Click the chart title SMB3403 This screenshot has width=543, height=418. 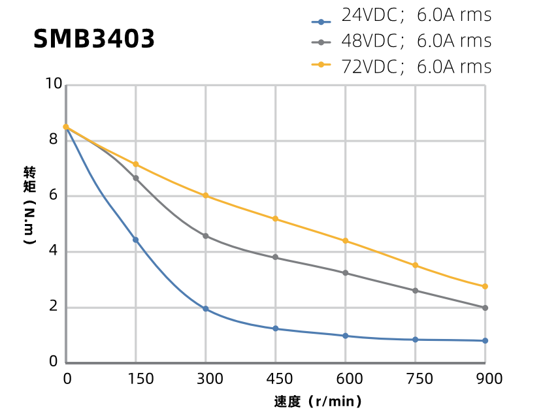coord(94,39)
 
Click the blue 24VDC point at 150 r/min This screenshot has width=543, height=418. coord(136,240)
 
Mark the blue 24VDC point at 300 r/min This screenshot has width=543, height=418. coord(206,309)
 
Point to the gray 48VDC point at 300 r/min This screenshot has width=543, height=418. coord(206,236)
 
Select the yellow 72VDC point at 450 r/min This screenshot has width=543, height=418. coord(275,219)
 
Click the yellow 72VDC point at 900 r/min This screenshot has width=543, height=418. coord(485,287)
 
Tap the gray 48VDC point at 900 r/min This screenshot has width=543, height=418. coord(485,308)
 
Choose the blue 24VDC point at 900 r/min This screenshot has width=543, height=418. coord(485,340)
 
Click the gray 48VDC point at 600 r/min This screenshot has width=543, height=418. coord(345,273)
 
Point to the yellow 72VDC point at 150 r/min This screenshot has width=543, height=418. coord(136,164)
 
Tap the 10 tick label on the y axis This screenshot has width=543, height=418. coord(54,84)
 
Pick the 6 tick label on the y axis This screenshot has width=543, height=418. coord(54,195)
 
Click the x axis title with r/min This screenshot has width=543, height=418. coord(318,401)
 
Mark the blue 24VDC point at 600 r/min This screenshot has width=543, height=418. coord(345,336)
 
